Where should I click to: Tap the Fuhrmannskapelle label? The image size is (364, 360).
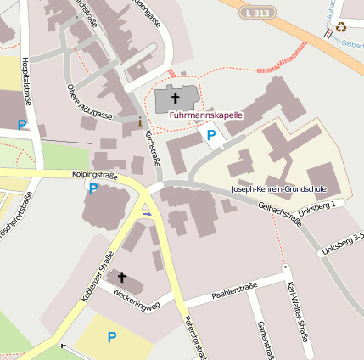click(x=206, y=114)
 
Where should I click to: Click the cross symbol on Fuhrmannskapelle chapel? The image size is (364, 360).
click(x=175, y=98)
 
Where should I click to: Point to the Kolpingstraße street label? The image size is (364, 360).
click(x=94, y=175)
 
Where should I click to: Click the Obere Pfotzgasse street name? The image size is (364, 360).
click(x=89, y=103)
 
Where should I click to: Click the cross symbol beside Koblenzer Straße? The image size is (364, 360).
click(x=121, y=278)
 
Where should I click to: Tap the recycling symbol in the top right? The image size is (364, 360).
click(x=341, y=26)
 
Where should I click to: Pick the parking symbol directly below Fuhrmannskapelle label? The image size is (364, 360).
click(x=210, y=134)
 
